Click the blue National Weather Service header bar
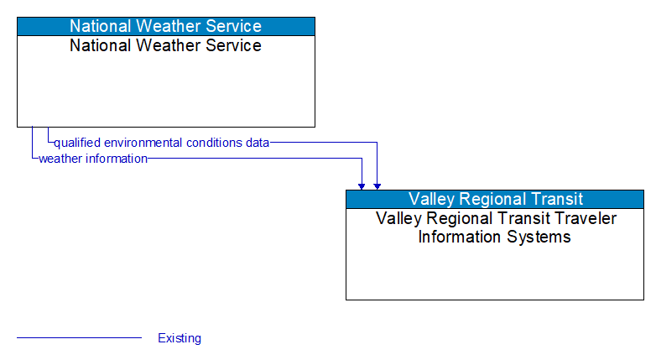click(x=165, y=26)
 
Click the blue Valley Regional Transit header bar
click(x=495, y=199)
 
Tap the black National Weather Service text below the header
click(x=165, y=45)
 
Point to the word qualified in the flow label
click(x=76, y=143)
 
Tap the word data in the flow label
click(x=258, y=143)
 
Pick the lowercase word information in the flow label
click(x=117, y=158)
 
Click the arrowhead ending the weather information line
click(x=362, y=185)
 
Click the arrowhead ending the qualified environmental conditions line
click(x=377, y=185)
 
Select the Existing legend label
click(x=180, y=338)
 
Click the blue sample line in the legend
click(x=79, y=338)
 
